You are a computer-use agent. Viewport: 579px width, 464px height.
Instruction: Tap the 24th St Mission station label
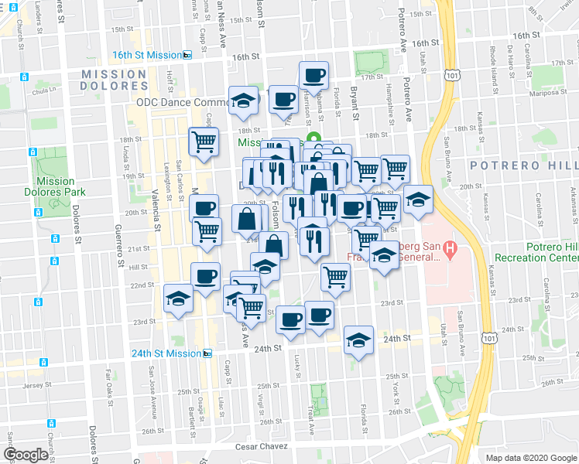[166, 353]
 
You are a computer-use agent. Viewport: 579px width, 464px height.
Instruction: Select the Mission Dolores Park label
[56, 187]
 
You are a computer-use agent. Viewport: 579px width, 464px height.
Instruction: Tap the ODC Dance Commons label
[182, 102]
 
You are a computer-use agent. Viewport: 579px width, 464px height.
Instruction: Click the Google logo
[26, 455]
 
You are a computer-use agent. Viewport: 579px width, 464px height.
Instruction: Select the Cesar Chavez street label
[262, 447]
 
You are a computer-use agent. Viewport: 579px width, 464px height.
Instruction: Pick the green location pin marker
[325, 139]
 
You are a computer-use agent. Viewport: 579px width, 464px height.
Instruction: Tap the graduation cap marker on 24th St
[358, 340]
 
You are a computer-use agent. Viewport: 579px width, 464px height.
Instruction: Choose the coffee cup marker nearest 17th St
[313, 76]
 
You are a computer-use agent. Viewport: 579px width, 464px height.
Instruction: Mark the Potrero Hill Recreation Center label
[540, 261]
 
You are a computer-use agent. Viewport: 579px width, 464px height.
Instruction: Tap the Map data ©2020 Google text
[530, 457]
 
